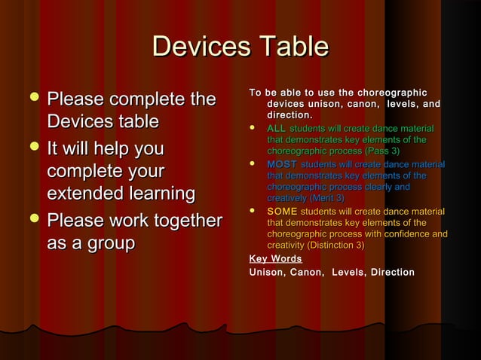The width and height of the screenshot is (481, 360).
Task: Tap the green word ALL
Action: tap(276, 130)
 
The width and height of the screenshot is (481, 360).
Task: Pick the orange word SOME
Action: tap(282, 212)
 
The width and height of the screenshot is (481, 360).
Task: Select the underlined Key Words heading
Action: tap(275, 258)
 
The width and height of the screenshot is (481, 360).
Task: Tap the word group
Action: tap(108, 243)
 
